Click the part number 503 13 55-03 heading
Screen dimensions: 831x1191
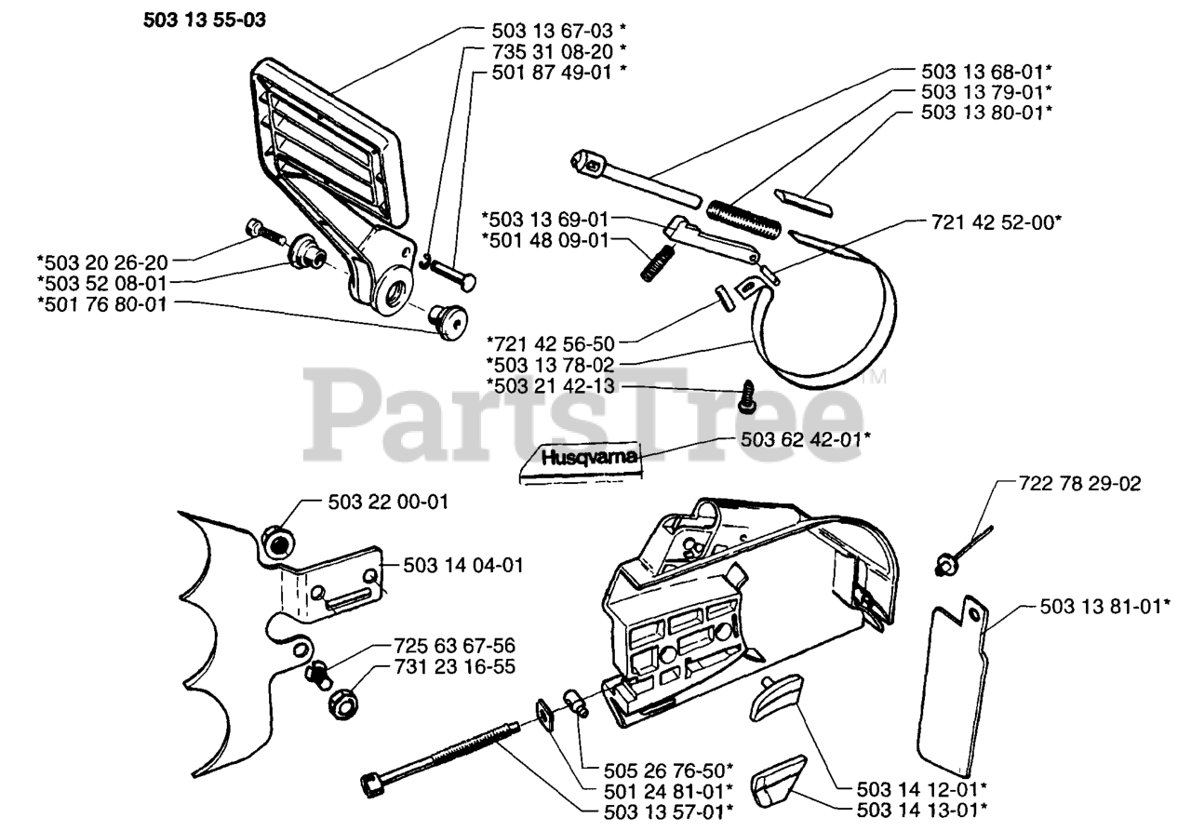(204, 20)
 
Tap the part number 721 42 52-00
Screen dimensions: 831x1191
(997, 222)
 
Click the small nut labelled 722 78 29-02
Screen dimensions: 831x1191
(946, 563)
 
